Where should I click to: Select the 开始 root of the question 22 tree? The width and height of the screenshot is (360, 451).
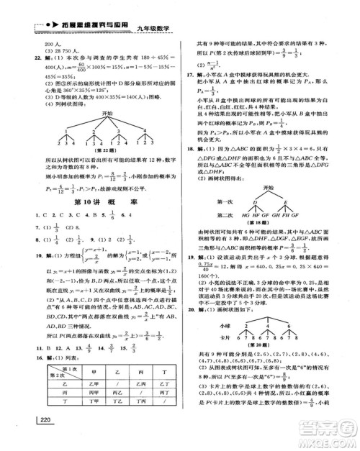click(x=107, y=133)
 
